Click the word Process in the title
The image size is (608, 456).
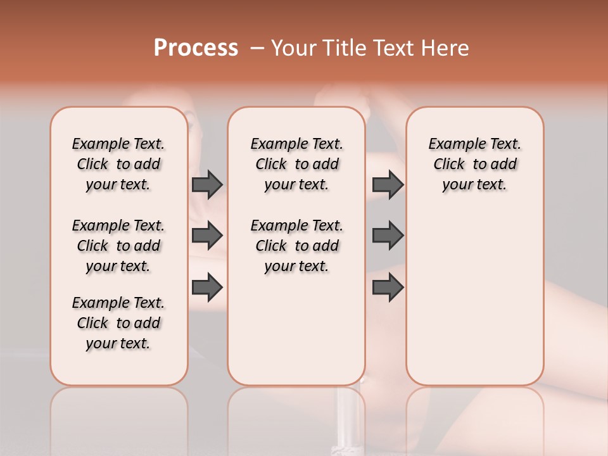(196, 48)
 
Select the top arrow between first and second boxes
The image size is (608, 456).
(207, 184)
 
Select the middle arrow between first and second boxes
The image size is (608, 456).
(207, 236)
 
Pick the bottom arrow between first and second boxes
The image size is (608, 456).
(207, 288)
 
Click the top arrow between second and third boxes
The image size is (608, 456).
(388, 184)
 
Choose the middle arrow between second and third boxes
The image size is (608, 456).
(388, 236)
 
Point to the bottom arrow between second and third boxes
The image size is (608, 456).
(388, 288)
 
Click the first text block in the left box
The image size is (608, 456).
(118, 164)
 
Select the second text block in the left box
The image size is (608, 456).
(118, 246)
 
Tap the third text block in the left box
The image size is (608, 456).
(118, 323)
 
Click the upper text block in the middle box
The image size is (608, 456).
(296, 164)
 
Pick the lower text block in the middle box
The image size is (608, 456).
(296, 246)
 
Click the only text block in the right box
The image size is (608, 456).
(474, 164)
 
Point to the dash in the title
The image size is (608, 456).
(256, 48)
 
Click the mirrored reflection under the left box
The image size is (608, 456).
(118, 412)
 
